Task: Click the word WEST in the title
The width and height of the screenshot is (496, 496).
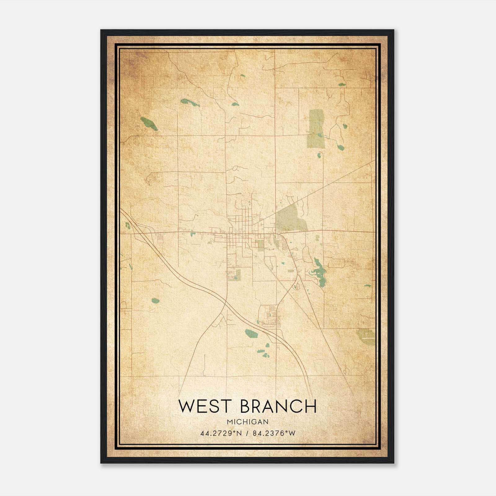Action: coord(205,406)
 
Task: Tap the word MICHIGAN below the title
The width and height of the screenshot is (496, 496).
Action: coord(247,422)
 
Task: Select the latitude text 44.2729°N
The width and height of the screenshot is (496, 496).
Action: coord(221,433)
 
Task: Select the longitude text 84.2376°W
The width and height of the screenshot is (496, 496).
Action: coord(274,433)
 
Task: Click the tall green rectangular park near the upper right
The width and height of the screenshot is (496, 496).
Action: coord(316,129)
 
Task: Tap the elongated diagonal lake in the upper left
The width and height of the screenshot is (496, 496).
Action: coord(148,123)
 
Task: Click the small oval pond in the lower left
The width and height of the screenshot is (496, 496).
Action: coord(155,300)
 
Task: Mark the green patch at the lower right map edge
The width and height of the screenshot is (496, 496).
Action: coord(366,336)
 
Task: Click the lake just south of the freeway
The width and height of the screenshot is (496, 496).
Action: coord(251,334)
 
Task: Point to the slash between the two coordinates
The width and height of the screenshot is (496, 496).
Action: coord(247,433)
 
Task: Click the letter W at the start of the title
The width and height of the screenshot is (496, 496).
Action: coord(186,406)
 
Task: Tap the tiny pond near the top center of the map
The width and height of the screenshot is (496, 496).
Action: coord(242,75)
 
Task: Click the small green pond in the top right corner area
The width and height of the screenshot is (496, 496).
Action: coord(342,84)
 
